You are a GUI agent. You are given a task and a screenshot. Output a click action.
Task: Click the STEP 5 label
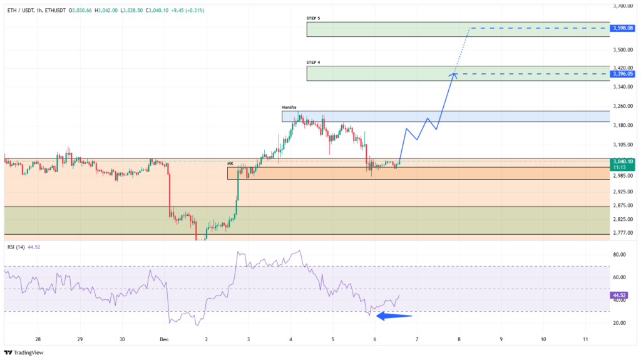pos(313,19)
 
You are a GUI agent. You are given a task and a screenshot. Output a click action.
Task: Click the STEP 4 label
pos(313,63)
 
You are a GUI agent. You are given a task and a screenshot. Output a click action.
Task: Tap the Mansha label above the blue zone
pos(289,107)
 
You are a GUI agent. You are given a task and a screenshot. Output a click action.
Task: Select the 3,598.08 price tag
pos(624,28)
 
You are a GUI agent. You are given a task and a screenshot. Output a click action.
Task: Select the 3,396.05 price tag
pos(624,74)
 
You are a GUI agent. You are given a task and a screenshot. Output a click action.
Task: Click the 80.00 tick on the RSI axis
pos(620,255)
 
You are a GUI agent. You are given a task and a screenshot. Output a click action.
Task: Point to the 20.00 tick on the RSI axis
pos(620,323)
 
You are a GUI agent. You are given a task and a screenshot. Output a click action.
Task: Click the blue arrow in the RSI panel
pos(393,316)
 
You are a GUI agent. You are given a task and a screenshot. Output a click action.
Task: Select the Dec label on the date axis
pos(164,339)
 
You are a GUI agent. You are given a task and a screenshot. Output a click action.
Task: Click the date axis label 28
pos(38,339)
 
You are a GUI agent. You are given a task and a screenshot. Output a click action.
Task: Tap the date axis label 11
pos(585,339)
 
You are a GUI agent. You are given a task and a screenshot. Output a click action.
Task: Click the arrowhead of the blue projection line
pos(454,75)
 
